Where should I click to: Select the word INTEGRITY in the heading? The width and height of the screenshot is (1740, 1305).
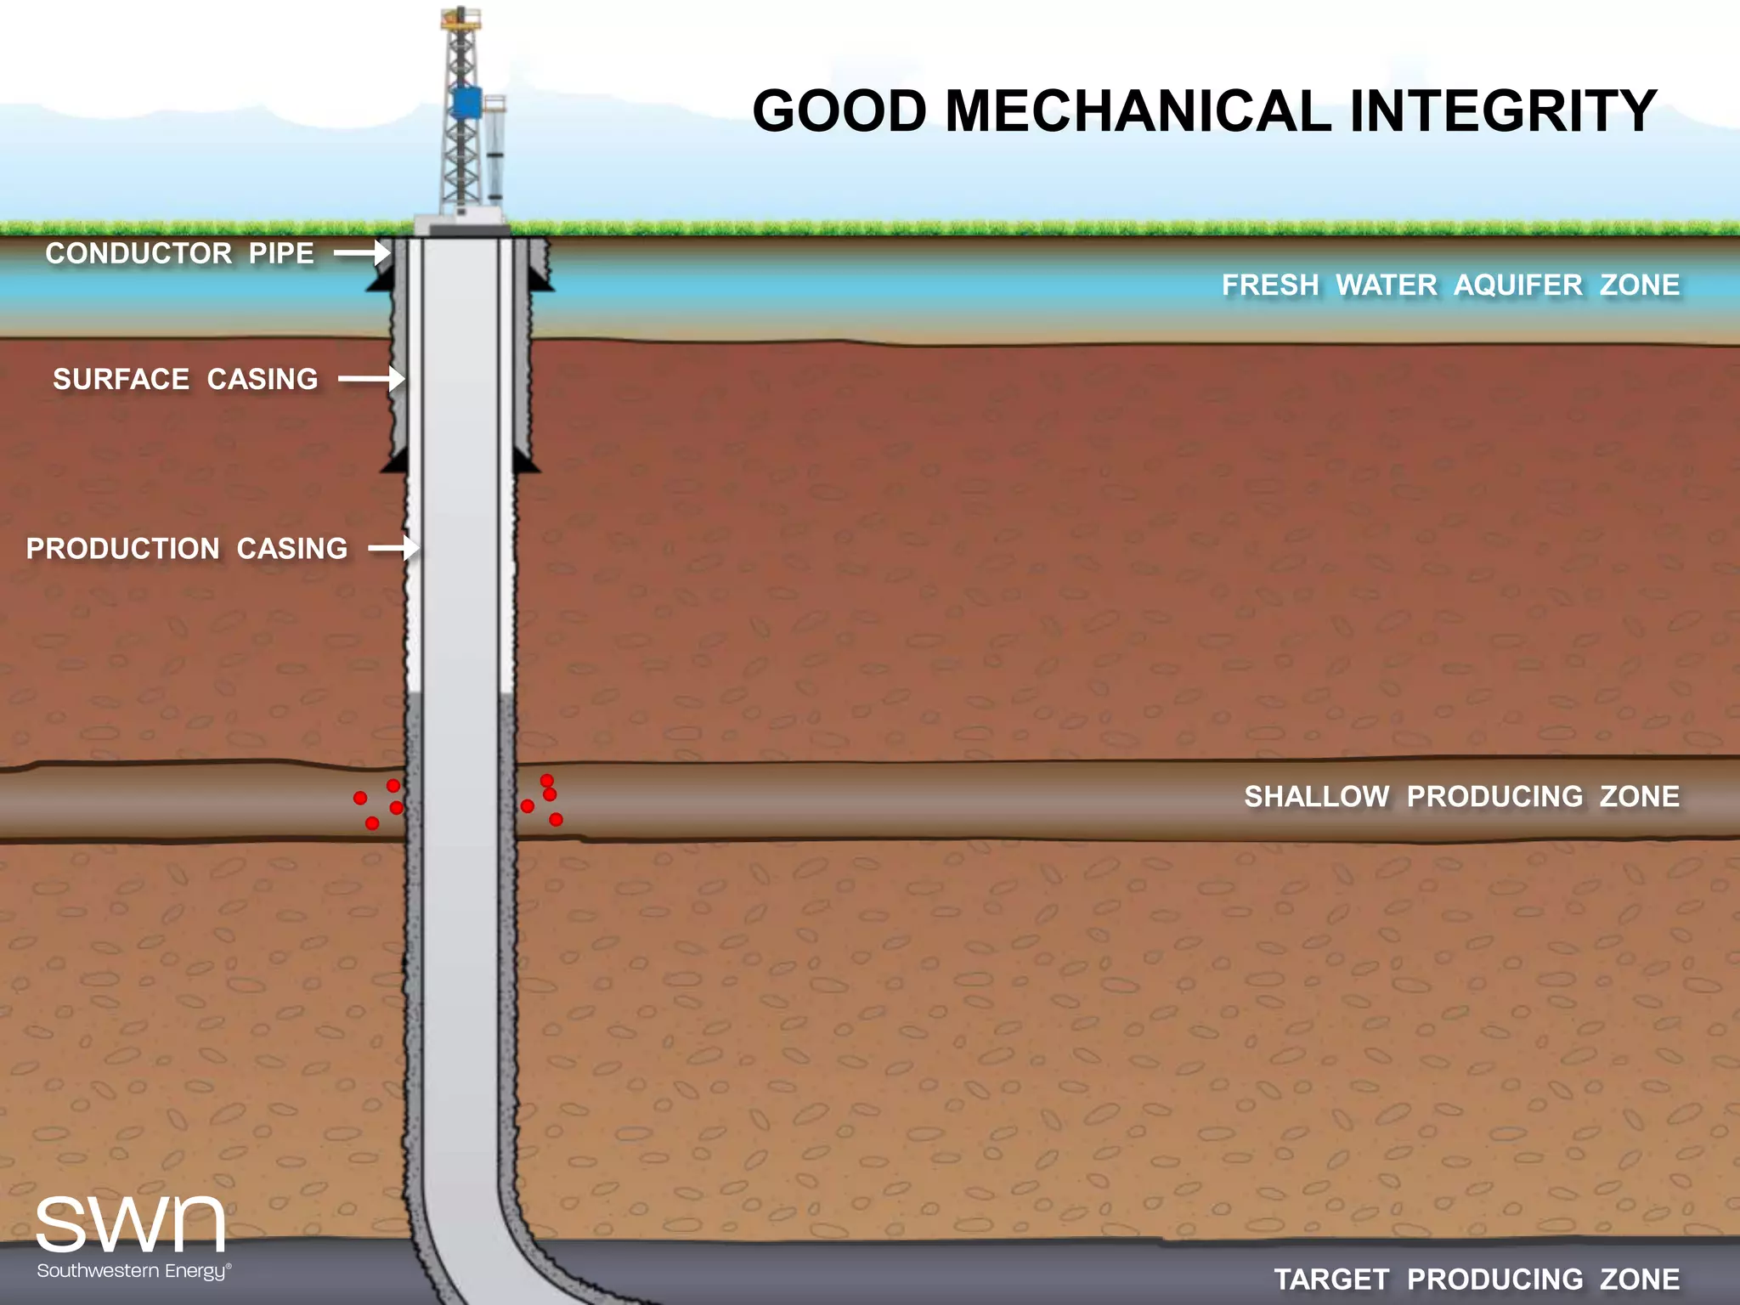point(1503,111)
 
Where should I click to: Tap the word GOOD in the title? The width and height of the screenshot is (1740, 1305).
point(839,111)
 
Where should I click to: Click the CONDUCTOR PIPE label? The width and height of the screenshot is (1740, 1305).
point(179,253)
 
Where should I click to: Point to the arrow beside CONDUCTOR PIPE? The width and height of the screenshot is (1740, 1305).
point(361,253)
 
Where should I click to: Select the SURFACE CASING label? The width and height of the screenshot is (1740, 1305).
point(185,379)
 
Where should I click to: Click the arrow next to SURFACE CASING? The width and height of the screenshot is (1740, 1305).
point(370,379)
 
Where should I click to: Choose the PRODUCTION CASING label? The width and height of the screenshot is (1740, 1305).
point(187,549)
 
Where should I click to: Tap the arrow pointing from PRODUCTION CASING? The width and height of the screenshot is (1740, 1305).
point(393,549)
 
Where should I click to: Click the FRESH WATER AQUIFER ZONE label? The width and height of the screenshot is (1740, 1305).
point(1450,285)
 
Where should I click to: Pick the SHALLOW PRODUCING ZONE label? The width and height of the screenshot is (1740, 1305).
point(1461,797)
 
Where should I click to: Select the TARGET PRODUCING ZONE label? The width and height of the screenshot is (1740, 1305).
point(1477,1280)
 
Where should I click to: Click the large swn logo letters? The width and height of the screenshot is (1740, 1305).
point(131,1224)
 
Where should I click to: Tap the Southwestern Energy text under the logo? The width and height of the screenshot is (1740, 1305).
point(133,1271)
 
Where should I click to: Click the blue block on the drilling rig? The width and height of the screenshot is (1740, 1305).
point(466,103)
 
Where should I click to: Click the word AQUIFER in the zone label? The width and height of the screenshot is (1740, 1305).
point(1518,285)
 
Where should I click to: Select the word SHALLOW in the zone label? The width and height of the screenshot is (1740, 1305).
point(1317,797)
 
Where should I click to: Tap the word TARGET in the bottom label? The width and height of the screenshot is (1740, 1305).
point(1331,1280)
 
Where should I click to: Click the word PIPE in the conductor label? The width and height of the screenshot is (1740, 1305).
point(281,253)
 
